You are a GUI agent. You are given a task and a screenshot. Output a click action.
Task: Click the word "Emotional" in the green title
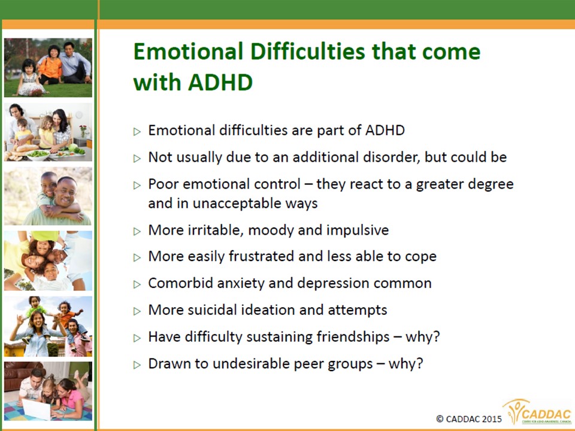tap(188, 51)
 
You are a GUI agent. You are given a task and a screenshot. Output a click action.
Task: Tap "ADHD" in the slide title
tap(220, 82)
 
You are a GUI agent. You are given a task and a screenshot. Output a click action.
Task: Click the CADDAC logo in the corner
tap(538, 412)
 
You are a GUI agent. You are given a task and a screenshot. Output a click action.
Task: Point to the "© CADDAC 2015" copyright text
tap(468, 418)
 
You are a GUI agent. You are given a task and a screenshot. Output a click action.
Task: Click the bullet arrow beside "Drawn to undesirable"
tap(137, 365)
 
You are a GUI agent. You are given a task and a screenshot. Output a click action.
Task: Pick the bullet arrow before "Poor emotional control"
tap(137, 185)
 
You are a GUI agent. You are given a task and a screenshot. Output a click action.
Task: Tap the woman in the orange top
tap(50, 65)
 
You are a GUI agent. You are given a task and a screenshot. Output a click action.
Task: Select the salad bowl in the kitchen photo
tap(38, 154)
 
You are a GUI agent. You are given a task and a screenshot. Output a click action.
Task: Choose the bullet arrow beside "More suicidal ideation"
tap(137, 311)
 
